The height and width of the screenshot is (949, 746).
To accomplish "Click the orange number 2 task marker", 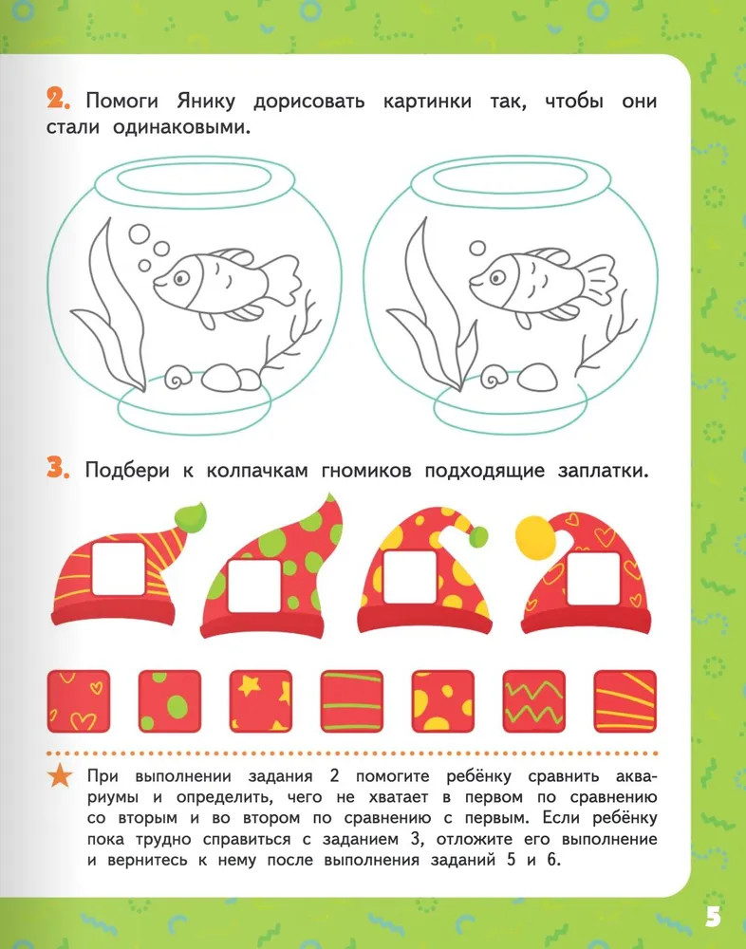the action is click(x=58, y=100).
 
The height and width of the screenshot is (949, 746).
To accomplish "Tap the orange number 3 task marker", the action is click(x=58, y=469).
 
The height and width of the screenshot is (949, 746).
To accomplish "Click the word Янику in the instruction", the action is click(x=206, y=102).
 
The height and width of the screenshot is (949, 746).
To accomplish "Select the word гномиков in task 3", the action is click(x=365, y=471).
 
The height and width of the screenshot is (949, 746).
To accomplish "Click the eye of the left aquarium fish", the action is click(x=180, y=278).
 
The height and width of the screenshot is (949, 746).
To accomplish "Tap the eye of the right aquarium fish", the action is click(x=497, y=278).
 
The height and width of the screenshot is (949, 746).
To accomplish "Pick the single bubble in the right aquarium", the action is click(x=477, y=248).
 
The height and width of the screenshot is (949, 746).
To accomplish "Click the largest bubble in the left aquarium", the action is click(x=140, y=234).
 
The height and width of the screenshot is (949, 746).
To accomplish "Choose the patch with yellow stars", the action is click(x=260, y=701).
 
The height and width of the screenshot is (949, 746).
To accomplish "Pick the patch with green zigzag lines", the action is click(x=534, y=701).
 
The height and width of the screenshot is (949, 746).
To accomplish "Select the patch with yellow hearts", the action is click(x=79, y=701).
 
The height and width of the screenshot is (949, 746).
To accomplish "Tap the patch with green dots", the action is click(x=170, y=701).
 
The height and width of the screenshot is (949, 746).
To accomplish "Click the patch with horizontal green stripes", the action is click(x=352, y=701).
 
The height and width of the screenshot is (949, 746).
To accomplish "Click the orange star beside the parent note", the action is click(x=60, y=776).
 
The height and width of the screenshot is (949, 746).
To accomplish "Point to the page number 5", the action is click(x=714, y=918).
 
